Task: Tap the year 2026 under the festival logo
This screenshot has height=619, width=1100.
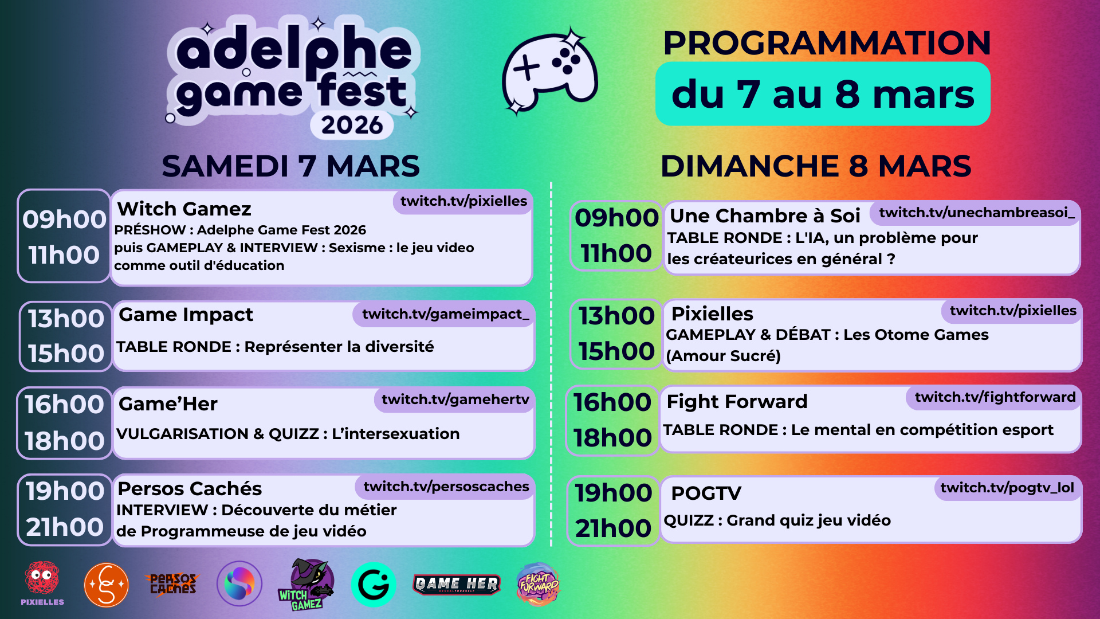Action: coord(352,125)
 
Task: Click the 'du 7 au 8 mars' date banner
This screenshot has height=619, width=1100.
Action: coord(823,94)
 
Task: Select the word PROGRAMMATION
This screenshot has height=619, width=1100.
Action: coord(827,42)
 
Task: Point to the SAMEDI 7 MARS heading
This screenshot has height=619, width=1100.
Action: coord(290,166)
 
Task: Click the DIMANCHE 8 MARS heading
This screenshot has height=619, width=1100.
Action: coord(816,166)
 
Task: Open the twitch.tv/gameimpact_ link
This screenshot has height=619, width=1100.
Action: coord(445,314)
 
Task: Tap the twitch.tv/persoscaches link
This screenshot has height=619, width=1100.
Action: coord(446,487)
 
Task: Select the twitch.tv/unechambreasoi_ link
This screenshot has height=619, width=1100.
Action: coord(976,213)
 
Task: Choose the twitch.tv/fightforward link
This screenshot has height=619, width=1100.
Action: coord(995,397)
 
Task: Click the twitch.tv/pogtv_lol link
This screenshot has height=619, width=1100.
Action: coord(1007,488)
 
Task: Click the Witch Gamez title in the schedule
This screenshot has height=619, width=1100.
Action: coord(184,209)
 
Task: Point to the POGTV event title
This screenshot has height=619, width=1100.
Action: coord(706,493)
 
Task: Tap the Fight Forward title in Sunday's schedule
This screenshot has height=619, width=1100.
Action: coord(737,401)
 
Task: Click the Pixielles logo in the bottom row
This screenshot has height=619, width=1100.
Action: coord(42,583)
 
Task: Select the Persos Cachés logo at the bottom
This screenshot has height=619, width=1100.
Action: coord(173,584)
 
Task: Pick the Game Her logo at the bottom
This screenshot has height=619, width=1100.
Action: coord(457,585)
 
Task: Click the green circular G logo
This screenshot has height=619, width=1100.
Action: coord(374,585)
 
